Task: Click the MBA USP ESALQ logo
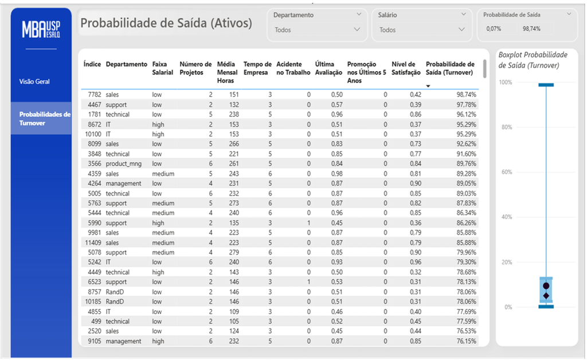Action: pos(41,29)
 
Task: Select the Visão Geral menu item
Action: pos(34,81)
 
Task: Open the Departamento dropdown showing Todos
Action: pos(317,30)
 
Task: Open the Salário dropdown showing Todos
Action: pos(422,30)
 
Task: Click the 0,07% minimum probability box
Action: pos(494,29)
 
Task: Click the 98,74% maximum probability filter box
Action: pos(531,29)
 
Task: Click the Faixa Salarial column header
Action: pos(162,68)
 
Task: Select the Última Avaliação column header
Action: pos(328,68)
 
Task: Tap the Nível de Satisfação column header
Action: pos(406,68)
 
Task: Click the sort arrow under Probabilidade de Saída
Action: pos(428,86)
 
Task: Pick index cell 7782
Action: pos(95,95)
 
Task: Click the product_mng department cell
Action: pos(124,164)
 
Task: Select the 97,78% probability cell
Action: pos(466,105)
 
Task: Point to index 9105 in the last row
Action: pos(95,341)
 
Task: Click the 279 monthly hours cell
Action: pos(234,253)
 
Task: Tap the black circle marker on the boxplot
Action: pos(546,286)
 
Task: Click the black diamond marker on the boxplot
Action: pos(546,296)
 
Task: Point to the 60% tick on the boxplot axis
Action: pos(507,172)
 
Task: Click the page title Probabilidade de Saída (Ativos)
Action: pos(166,23)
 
